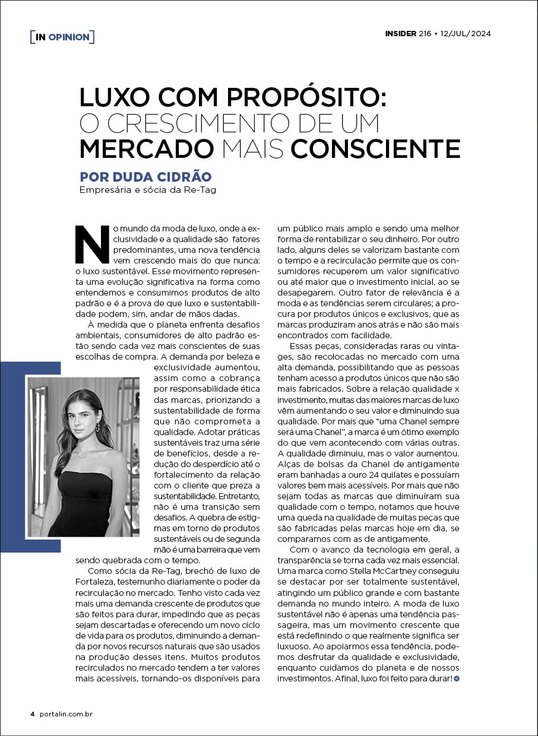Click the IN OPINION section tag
click(62, 37)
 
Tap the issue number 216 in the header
click(425, 34)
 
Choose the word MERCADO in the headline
click(147, 148)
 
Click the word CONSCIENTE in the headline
click(375, 148)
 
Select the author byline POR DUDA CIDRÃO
click(145, 177)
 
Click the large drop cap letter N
click(93, 244)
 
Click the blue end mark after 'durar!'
click(456, 678)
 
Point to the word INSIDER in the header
click(400, 34)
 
